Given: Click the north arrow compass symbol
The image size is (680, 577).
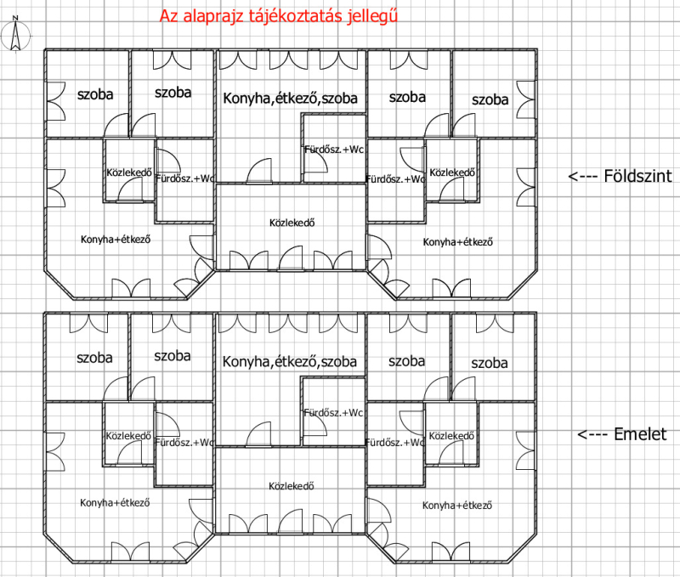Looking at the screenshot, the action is [x=15, y=36].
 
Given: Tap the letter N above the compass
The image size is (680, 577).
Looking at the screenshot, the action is [x=15, y=18].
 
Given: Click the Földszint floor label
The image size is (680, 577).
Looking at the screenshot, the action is [x=638, y=176].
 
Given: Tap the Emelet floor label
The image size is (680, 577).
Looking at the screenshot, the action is [x=640, y=434].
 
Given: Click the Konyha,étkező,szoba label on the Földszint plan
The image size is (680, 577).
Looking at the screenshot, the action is [x=290, y=99].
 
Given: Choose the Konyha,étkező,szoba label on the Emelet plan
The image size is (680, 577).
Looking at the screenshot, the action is [x=289, y=361].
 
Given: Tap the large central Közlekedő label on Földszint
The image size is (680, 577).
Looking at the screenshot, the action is [x=292, y=223].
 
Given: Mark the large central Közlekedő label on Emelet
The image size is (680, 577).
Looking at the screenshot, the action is [x=291, y=486].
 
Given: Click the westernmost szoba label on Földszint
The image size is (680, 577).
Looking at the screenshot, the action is [x=95, y=94].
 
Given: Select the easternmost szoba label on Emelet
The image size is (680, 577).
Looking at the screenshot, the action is [x=490, y=363].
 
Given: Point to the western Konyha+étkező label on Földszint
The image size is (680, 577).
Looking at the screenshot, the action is [x=116, y=240].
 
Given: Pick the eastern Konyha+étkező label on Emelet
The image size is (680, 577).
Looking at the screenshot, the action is [x=457, y=505].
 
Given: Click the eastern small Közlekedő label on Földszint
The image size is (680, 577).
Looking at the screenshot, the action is [x=452, y=173].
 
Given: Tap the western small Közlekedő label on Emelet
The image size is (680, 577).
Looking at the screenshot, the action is [x=128, y=436].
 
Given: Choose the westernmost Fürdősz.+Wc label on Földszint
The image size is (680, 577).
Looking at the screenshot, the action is [x=184, y=178].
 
